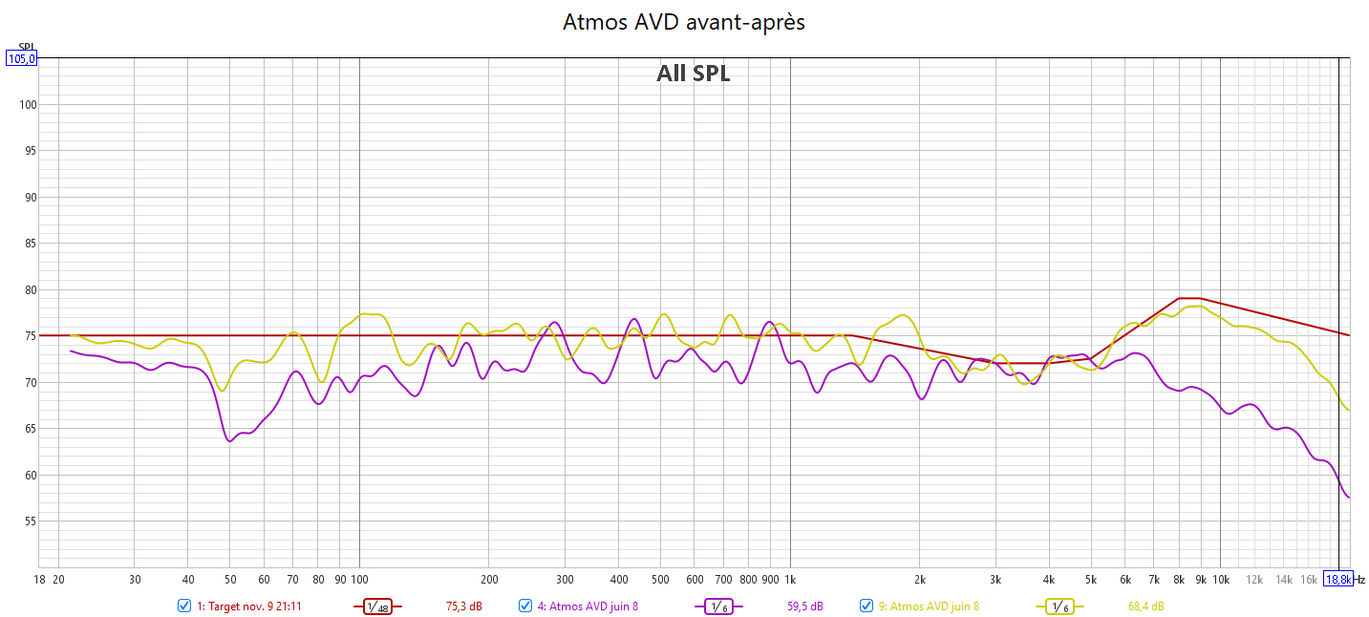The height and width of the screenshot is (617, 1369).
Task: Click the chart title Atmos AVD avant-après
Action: click(x=684, y=22)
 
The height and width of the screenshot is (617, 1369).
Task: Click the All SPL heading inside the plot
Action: click(x=693, y=74)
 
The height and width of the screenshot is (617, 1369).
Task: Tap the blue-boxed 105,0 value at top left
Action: click(x=21, y=58)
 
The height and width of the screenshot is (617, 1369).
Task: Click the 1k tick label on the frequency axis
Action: click(x=790, y=579)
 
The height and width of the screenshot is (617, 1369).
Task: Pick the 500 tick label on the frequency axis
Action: click(x=660, y=579)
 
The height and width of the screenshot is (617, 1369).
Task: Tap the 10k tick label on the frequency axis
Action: click(x=1220, y=579)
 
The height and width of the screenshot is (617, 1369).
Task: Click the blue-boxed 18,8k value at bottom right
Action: click(x=1337, y=579)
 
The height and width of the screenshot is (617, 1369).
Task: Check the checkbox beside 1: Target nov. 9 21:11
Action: click(x=184, y=606)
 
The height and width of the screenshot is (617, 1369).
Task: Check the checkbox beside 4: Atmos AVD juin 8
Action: click(x=525, y=606)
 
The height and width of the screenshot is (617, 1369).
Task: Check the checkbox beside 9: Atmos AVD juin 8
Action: click(x=866, y=606)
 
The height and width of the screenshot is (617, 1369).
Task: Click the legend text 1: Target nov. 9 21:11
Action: click(x=249, y=606)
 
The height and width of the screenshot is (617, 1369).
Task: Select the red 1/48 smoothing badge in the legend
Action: click(x=378, y=606)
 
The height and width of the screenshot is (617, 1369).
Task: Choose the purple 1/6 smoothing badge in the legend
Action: click(x=718, y=606)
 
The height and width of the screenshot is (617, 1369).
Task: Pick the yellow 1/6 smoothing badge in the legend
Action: click(x=1059, y=606)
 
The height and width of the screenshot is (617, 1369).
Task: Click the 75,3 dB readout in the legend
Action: click(x=464, y=606)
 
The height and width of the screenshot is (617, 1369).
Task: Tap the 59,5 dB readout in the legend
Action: click(x=805, y=606)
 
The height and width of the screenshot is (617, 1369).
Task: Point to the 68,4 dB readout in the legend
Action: click(x=1145, y=606)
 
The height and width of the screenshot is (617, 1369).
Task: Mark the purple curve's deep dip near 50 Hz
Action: click(x=230, y=440)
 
